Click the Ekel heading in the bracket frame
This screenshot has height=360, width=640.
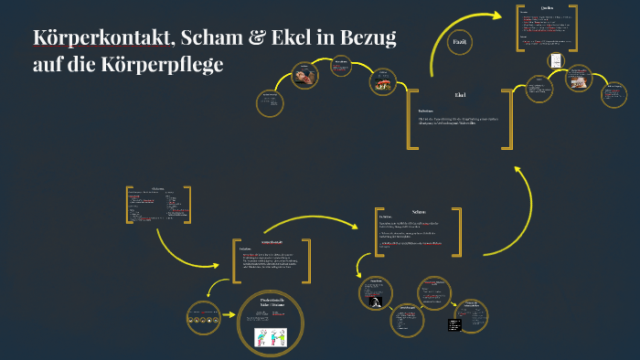coord(460,95)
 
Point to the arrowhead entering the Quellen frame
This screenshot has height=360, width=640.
coord(504,15)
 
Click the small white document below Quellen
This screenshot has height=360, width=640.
coord(554,59)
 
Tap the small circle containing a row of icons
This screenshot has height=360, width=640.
coord(203,316)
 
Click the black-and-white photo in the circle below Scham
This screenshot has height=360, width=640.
coord(375,299)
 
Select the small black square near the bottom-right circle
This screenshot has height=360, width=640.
coord(454,325)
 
